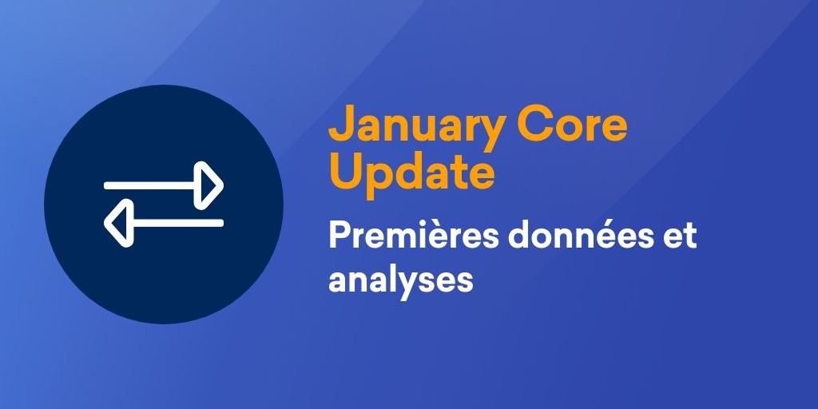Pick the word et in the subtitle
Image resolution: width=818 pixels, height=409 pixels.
click(x=681, y=238)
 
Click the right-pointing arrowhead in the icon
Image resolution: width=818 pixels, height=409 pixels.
click(x=211, y=185)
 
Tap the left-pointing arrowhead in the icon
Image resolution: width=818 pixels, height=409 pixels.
click(x=117, y=222)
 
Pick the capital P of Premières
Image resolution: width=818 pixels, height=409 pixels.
click(x=338, y=237)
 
